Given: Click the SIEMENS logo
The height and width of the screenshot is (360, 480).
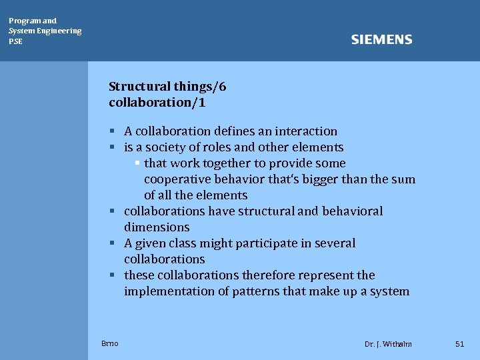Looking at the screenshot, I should pyautogui.click(x=381, y=40).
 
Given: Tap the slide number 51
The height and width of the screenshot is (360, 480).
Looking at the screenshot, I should pyautogui.click(x=459, y=343).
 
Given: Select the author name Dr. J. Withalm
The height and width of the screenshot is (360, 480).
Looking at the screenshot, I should pyautogui.click(x=388, y=344).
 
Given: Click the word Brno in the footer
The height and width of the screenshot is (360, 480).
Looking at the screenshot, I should pyautogui.click(x=110, y=343).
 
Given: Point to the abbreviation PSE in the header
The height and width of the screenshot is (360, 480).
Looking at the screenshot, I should pyautogui.click(x=15, y=41).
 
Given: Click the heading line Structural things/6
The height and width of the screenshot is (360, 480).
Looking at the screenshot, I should pyautogui.click(x=167, y=86).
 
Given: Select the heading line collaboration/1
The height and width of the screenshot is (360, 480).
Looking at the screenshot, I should pyautogui.click(x=157, y=102).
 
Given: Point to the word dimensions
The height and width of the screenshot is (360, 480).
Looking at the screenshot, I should pyautogui.click(x=157, y=227).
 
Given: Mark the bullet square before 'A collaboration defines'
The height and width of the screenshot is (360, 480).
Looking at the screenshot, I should pyautogui.click(x=113, y=131).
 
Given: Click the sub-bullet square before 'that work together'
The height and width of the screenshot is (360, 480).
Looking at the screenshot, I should pyautogui.click(x=137, y=163).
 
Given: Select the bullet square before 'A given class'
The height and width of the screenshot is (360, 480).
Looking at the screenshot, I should pyautogui.click(x=113, y=243).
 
